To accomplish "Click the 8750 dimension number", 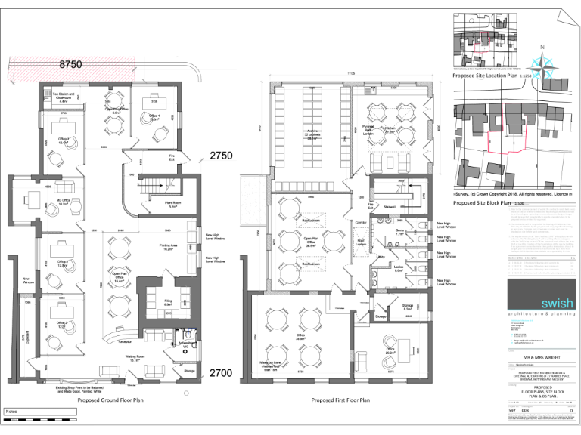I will coord(70,65).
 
